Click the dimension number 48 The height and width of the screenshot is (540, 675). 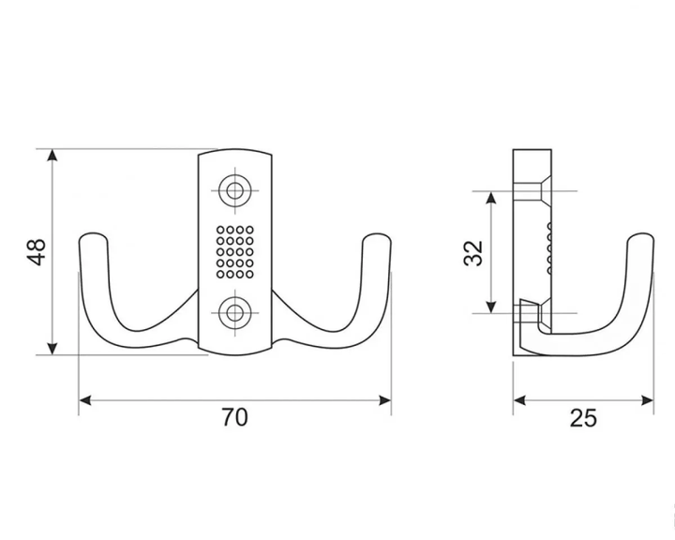[x=37, y=252]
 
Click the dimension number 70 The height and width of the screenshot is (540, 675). [x=234, y=417]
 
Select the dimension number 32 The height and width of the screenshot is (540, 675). [x=473, y=253]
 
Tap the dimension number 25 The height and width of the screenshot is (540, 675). [x=583, y=418]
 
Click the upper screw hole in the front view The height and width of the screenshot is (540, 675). [x=234, y=190]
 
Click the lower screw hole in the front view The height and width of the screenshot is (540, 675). [x=234, y=313]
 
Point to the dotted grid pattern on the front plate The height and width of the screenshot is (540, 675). [x=234, y=252]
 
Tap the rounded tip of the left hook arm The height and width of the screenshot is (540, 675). [x=92, y=238]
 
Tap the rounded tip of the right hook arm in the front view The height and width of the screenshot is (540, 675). [x=377, y=238]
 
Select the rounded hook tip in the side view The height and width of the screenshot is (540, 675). [x=640, y=238]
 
